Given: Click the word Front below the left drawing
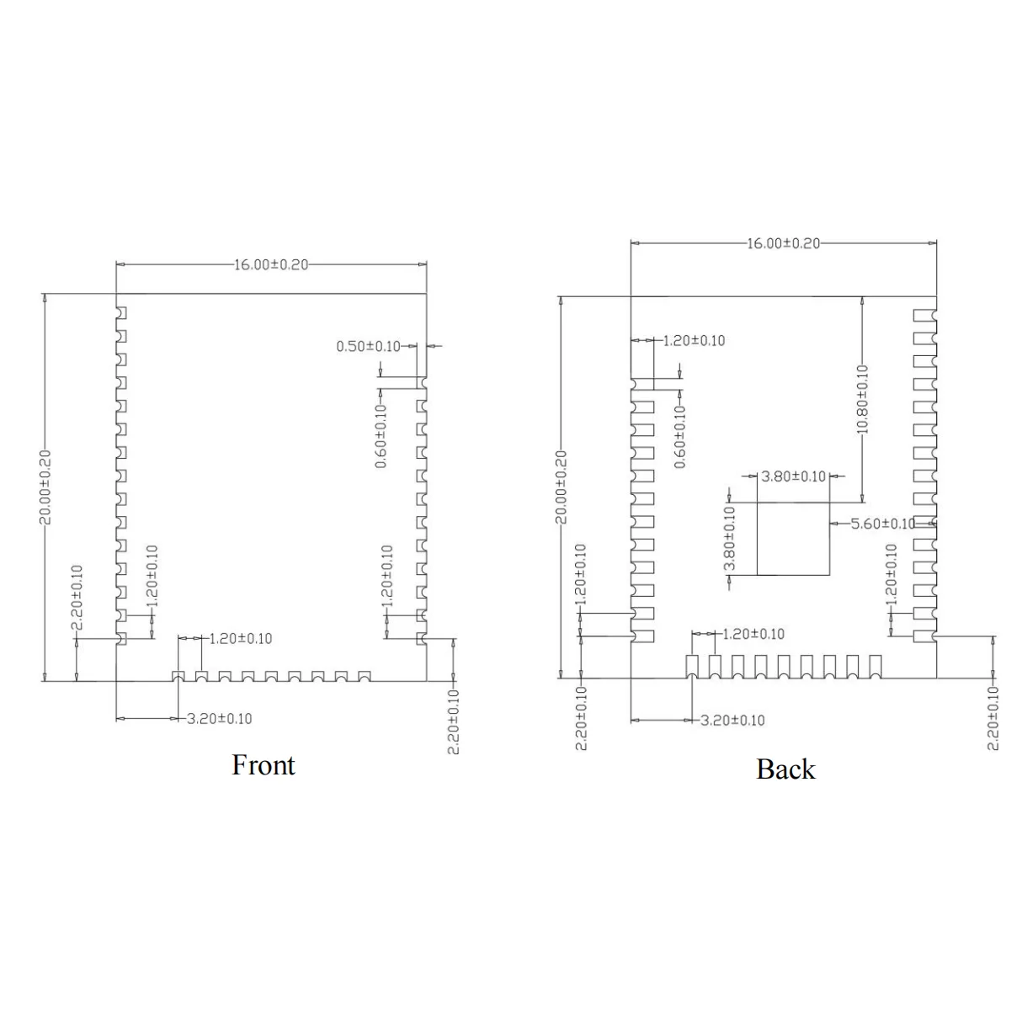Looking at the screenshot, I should pyautogui.click(x=263, y=765).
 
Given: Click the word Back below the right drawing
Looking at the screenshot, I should pyautogui.click(x=785, y=769).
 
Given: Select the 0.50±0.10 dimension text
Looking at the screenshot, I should pyautogui.click(x=368, y=346).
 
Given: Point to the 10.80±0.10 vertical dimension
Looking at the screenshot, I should pyautogui.click(x=862, y=399).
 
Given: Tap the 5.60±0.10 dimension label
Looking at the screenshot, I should pyautogui.click(x=882, y=524).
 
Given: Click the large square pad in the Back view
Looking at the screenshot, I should pyautogui.click(x=793, y=539).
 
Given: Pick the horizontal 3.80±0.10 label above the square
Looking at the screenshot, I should pyautogui.click(x=793, y=476).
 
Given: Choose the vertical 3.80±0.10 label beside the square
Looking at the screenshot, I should pyautogui.click(x=730, y=538).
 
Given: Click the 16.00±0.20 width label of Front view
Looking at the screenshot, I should pyautogui.click(x=271, y=264).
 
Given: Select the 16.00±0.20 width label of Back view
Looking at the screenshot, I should pyautogui.click(x=783, y=243).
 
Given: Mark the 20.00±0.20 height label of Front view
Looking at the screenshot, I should pyautogui.click(x=45, y=487).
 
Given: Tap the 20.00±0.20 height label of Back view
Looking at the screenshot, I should pyautogui.click(x=561, y=487).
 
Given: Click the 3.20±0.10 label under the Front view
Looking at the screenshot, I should pyautogui.click(x=219, y=718).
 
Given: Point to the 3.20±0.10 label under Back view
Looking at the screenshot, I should pyautogui.click(x=732, y=720).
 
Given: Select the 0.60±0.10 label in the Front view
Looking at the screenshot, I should pyautogui.click(x=381, y=436).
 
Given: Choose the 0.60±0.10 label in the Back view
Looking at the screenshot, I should pyautogui.click(x=680, y=436).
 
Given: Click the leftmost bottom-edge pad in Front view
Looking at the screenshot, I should pyautogui.click(x=178, y=676).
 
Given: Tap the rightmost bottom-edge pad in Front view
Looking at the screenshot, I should pyautogui.click(x=365, y=676).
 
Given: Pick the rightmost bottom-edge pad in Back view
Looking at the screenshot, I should pyautogui.click(x=875, y=666).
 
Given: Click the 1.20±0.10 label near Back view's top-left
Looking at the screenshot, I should pyautogui.click(x=694, y=340).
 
